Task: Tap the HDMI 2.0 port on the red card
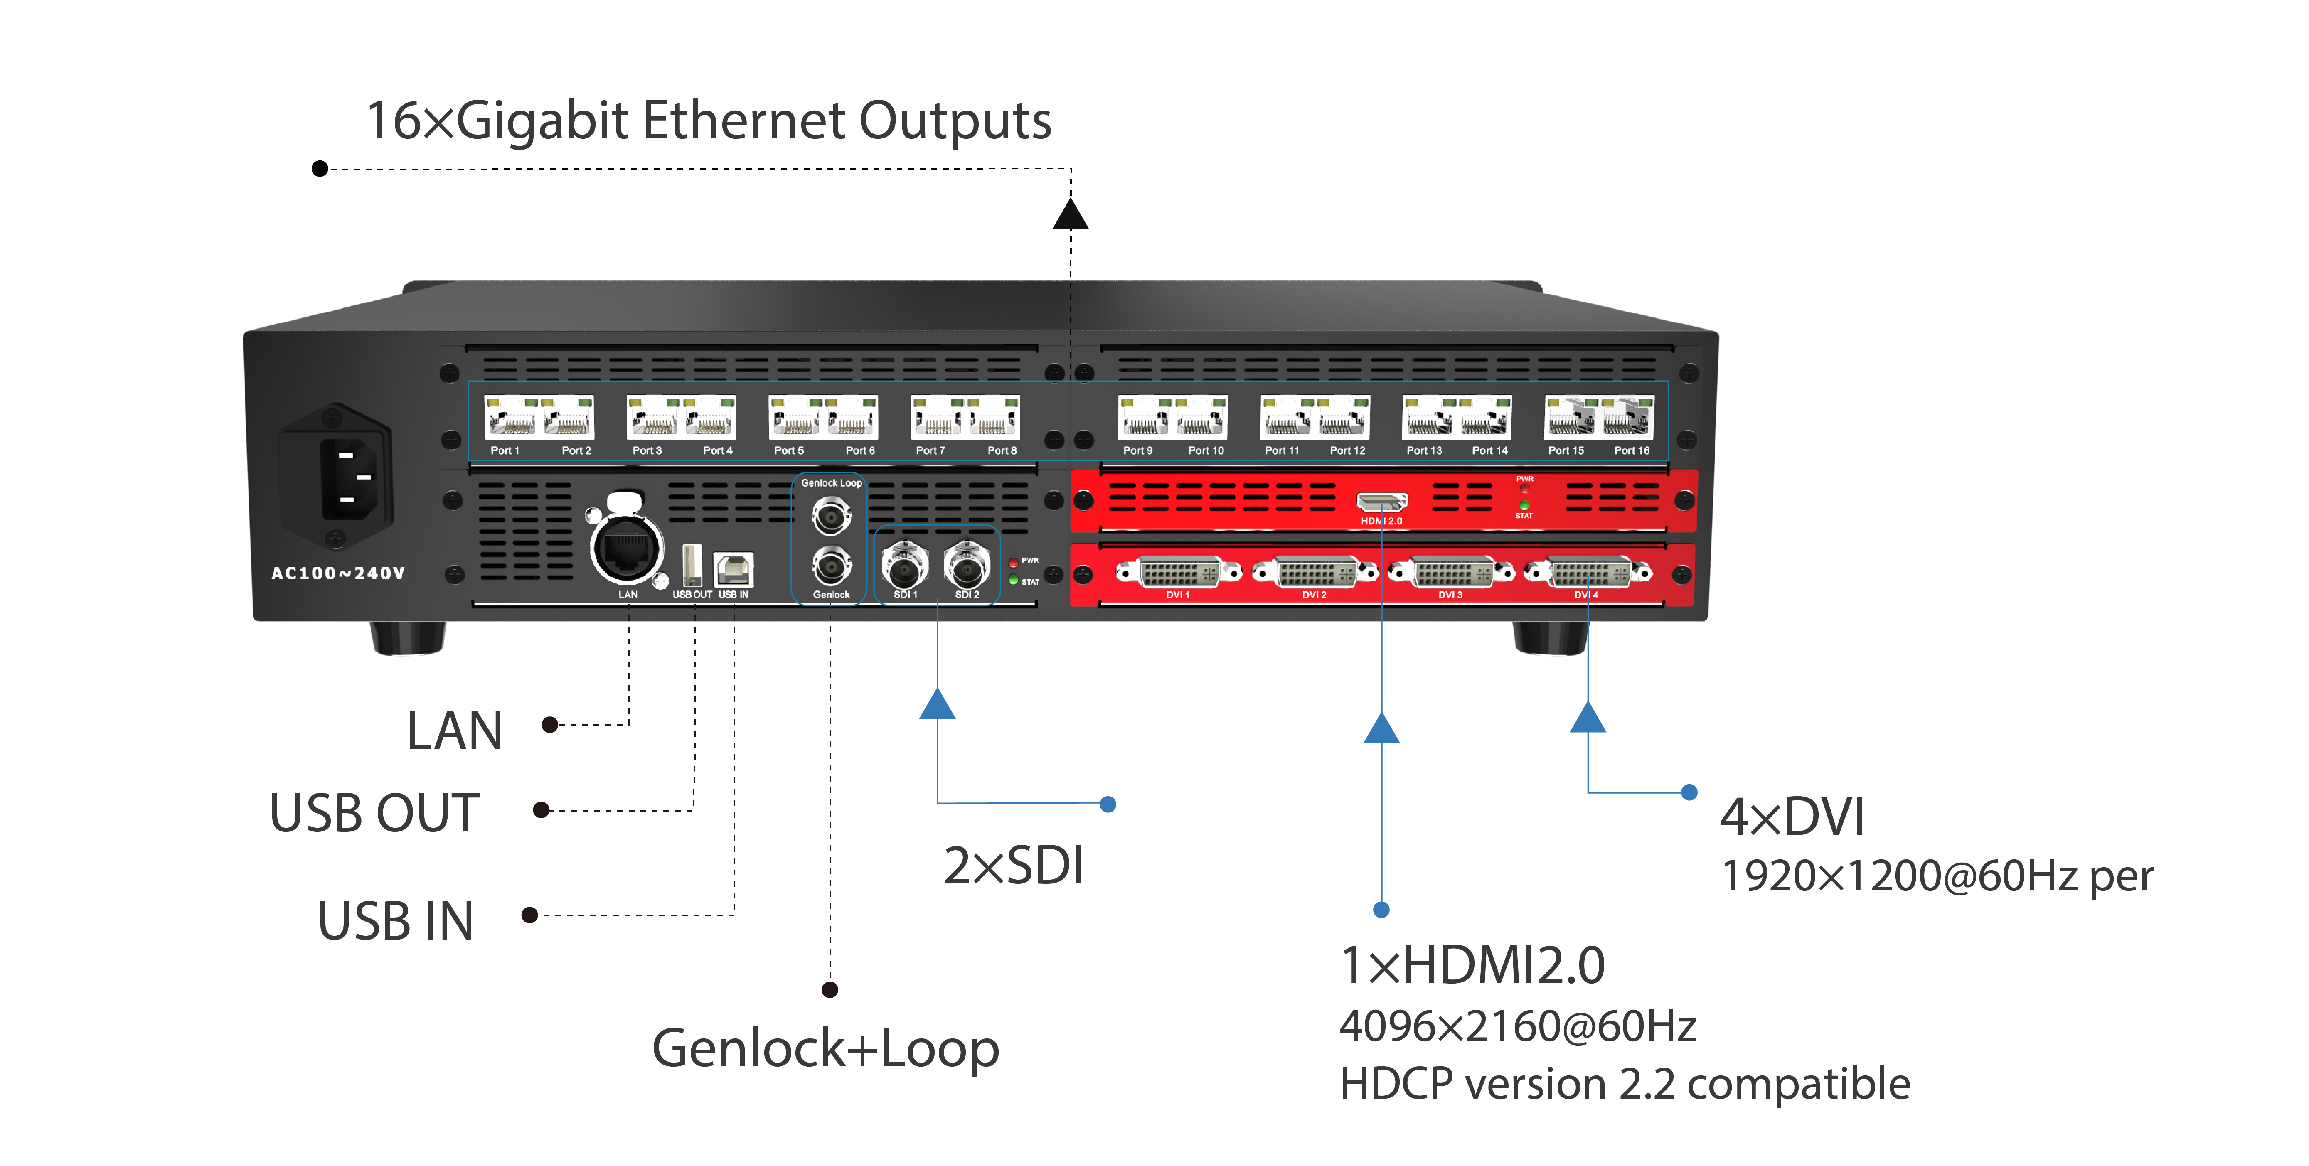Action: pyautogui.click(x=1381, y=502)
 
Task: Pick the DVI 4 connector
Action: pyautogui.click(x=1588, y=572)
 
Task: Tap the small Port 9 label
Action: pyautogui.click(x=1137, y=451)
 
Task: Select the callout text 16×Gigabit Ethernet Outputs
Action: pyautogui.click(x=708, y=121)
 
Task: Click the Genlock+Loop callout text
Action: pyautogui.click(x=825, y=1048)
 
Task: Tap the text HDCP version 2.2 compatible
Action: pyautogui.click(x=1624, y=1085)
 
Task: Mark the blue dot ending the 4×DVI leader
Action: pyautogui.click(x=1689, y=792)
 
